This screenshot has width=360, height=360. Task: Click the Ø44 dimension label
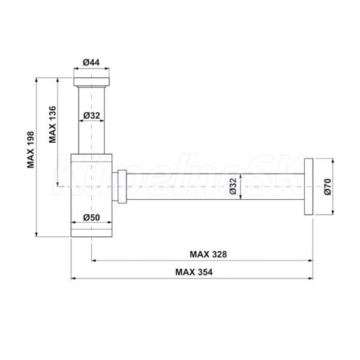tap(91, 62)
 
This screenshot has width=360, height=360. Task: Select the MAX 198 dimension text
tap(31, 149)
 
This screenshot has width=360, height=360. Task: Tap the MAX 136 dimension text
tap(53, 124)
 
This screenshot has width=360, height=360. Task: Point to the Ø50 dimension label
tap(91, 217)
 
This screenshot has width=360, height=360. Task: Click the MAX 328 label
tap(208, 254)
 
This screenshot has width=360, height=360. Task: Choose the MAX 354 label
tap(194, 272)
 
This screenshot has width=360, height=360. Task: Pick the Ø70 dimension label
tap(328, 187)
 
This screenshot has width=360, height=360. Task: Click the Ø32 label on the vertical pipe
tap(92, 115)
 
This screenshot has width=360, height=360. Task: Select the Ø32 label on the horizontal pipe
tap(233, 187)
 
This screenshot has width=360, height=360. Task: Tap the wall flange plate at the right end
tap(308, 187)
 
